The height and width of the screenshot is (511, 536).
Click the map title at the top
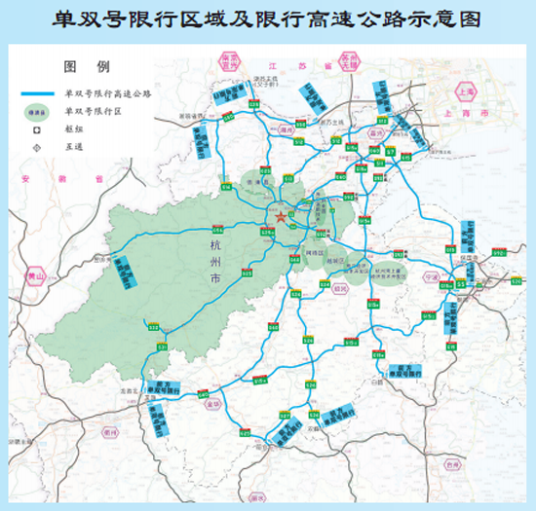(x=267, y=19)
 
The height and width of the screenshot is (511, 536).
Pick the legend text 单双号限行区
(x=89, y=111)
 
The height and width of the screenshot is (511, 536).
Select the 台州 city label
(x=450, y=465)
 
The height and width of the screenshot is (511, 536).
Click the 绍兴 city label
(x=339, y=288)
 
